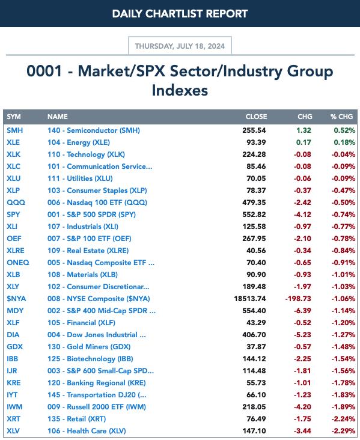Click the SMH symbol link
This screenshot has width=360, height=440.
(14, 130)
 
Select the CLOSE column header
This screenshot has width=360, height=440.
(256, 117)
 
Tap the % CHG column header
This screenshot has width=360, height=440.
(341, 117)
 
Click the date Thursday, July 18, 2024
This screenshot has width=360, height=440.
(180, 46)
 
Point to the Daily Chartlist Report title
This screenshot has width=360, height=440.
(180, 13)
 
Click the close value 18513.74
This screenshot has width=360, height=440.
(250, 299)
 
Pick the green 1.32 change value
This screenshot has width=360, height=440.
(304, 130)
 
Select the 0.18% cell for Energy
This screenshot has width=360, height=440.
(344, 142)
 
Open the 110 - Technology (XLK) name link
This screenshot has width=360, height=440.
(86, 154)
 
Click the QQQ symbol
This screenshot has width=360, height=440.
(16, 203)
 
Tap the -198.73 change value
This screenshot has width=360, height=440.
(298, 299)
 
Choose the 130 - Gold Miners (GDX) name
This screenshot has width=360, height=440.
(89, 347)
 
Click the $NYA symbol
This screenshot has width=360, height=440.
(16, 299)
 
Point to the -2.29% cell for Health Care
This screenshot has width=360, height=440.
(343, 431)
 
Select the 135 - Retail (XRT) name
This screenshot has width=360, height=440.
(76, 419)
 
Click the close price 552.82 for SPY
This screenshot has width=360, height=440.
(254, 215)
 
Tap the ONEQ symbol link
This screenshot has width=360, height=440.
(18, 263)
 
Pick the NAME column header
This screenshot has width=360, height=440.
(58, 117)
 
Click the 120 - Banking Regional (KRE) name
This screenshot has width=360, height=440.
(97, 383)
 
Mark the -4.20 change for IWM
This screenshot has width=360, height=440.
(302, 407)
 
